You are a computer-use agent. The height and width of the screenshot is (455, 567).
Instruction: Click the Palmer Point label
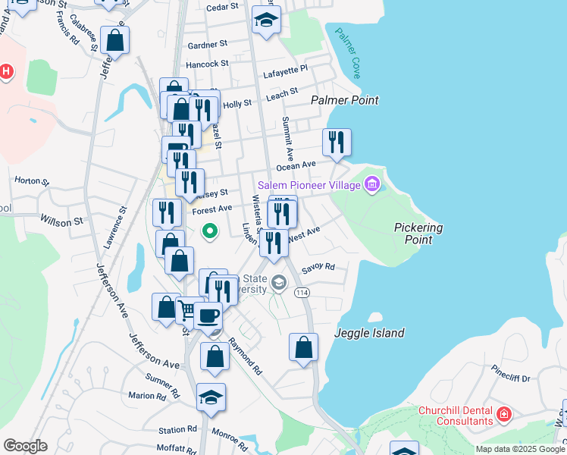[345, 99]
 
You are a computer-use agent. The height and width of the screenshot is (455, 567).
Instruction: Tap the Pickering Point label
[418, 234]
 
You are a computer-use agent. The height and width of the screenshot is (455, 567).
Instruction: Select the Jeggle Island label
[370, 333]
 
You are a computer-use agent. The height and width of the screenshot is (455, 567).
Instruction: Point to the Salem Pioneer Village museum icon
[371, 184]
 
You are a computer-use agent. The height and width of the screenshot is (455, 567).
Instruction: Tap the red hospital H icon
[6, 73]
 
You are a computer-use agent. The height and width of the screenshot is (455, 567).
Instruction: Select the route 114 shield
[302, 293]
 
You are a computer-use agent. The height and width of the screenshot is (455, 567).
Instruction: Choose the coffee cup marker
[207, 315]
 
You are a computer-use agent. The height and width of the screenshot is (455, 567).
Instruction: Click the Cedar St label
[222, 6]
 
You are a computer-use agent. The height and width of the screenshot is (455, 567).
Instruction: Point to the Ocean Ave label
[296, 165]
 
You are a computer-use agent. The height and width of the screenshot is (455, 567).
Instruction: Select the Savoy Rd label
[318, 268]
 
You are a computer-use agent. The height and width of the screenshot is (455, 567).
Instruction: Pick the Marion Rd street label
[147, 396]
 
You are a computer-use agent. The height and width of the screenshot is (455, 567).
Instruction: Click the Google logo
[25, 445]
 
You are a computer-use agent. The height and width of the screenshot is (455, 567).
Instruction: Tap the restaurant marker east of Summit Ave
[337, 142]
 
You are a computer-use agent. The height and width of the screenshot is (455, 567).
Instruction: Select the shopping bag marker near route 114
[303, 347]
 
